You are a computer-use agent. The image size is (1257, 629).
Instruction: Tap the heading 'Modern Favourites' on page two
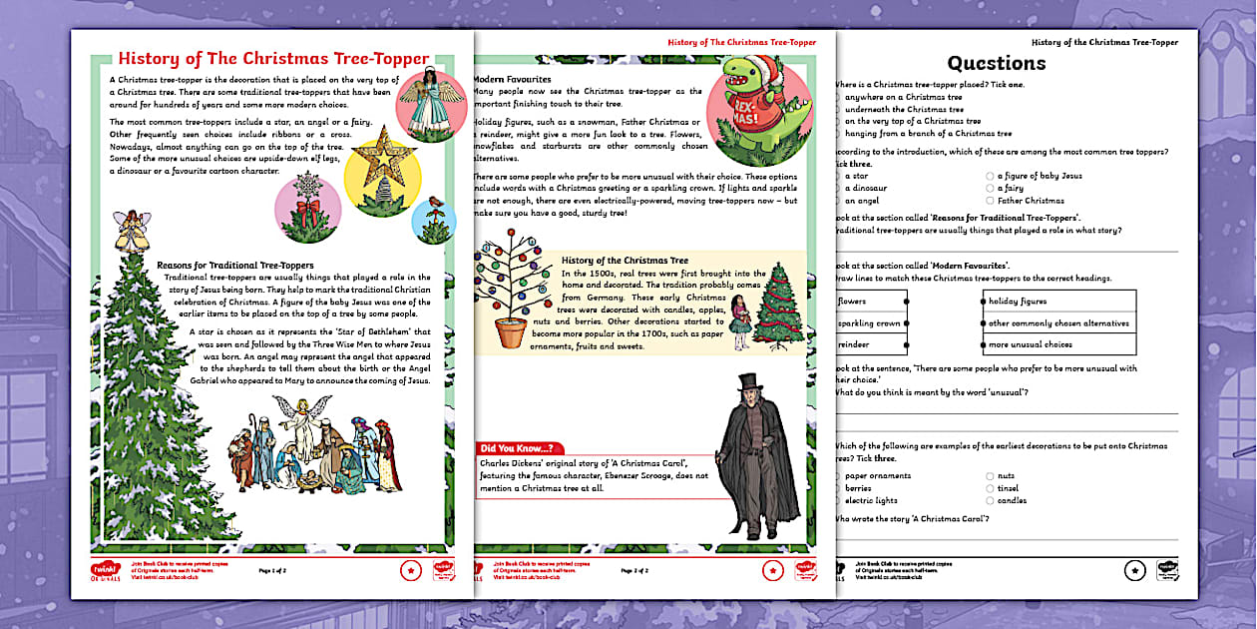click(x=511, y=79)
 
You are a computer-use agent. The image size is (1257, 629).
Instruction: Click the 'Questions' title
click(x=996, y=63)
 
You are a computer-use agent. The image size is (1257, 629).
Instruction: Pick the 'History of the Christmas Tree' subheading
click(x=625, y=260)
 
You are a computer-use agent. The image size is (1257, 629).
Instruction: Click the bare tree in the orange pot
click(x=512, y=290)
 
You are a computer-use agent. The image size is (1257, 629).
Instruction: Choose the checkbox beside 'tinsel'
click(x=991, y=489)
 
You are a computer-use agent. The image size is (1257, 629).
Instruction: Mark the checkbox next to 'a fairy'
click(x=991, y=188)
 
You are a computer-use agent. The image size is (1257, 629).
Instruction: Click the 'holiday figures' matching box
click(x=1058, y=302)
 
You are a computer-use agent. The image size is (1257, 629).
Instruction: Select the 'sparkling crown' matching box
click(x=870, y=323)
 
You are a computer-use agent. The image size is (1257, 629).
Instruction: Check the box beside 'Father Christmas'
click(x=991, y=200)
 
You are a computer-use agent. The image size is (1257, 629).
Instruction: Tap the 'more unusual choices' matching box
click(x=1058, y=345)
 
